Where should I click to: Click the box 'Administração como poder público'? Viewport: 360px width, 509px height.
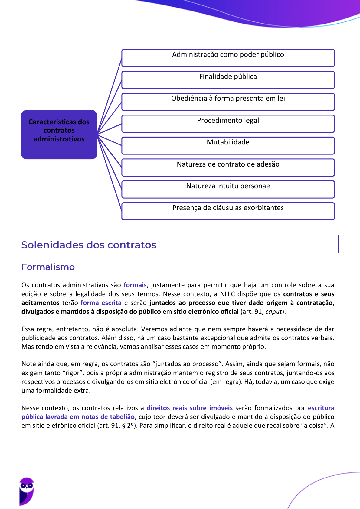(228, 58)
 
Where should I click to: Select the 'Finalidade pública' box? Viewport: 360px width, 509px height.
(228, 80)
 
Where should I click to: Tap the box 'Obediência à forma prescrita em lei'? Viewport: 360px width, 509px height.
(228, 102)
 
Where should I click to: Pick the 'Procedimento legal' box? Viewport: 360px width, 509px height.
(228, 124)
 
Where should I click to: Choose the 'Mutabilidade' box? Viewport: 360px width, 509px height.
(228, 145)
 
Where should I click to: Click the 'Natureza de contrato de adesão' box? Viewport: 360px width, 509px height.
(228, 167)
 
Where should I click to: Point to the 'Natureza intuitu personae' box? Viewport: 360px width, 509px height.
(228, 189)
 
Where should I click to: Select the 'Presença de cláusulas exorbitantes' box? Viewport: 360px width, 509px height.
(228, 211)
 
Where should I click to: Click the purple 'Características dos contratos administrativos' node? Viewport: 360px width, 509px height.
(59, 135)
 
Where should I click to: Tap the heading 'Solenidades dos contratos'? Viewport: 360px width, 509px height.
(89, 245)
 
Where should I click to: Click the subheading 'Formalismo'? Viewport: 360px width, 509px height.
(48, 267)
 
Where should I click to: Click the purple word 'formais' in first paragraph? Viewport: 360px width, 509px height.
(135, 285)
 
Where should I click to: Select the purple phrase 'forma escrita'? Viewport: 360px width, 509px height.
(101, 303)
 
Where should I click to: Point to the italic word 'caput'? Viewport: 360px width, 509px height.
(273, 312)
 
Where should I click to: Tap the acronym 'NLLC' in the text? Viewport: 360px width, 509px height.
(227, 294)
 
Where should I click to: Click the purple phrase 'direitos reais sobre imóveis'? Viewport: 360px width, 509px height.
(190, 408)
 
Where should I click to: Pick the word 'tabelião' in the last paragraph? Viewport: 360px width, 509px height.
(122, 417)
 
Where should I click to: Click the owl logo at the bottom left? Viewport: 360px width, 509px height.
(27, 491)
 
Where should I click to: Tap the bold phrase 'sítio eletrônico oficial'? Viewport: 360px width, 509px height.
(206, 312)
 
